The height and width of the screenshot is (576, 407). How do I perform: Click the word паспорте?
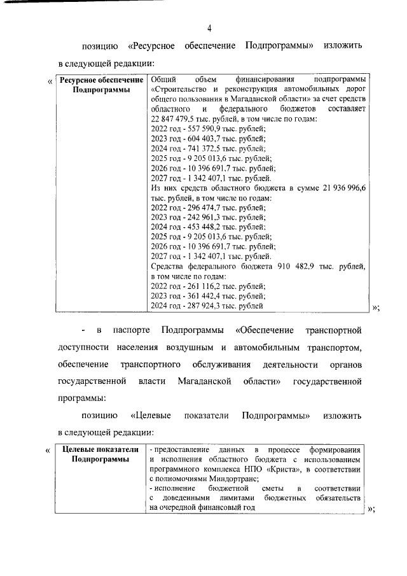coord(131,330)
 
